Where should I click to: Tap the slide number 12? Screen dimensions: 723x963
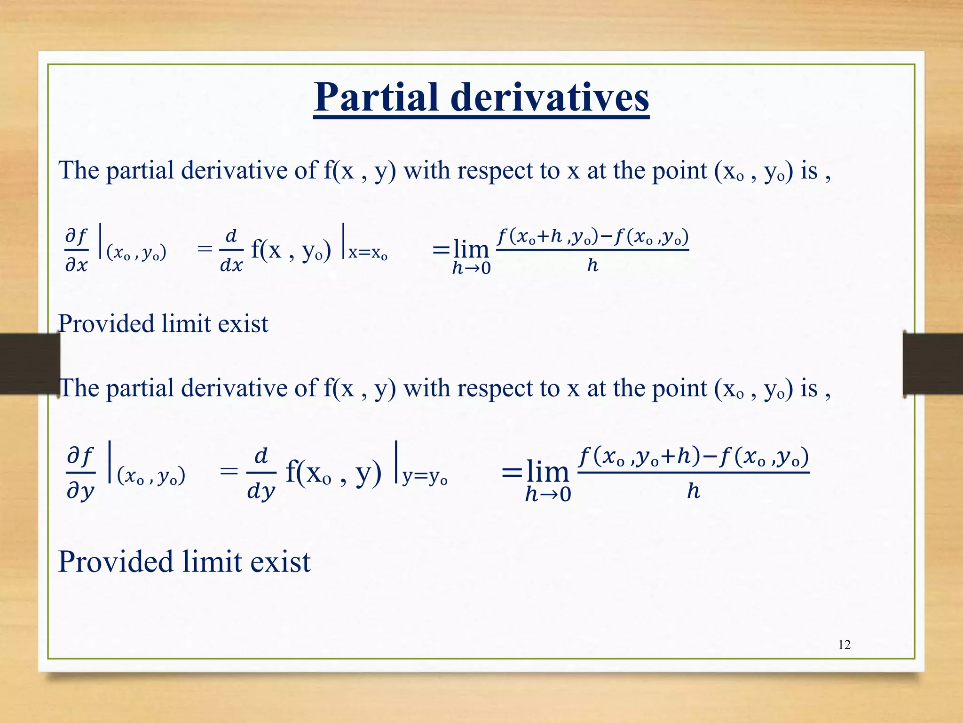(x=844, y=645)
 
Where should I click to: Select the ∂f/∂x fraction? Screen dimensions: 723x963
(x=77, y=250)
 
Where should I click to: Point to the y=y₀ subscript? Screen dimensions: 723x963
(x=424, y=477)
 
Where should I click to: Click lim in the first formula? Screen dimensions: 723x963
(x=471, y=249)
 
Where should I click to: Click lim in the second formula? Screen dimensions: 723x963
(x=547, y=471)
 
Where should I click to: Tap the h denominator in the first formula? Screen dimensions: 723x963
(x=592, y=265)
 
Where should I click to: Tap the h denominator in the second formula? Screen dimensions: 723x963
(x=693, y=491)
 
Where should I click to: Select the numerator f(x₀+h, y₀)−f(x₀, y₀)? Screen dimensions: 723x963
(x=592, y=236)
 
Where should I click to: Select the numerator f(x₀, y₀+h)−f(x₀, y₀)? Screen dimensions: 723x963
(x=693, y=457)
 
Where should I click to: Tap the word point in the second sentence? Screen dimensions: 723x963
(x=679, y=389)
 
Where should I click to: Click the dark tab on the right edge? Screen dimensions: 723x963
(x=932, y=363)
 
